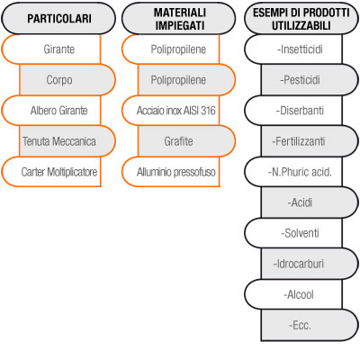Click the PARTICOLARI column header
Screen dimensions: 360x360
coord(58,18)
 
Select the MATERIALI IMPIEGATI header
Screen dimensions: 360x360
coord(179,18)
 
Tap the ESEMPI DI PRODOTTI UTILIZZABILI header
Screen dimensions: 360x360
coord(301,18)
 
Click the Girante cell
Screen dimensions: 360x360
coord(51,49)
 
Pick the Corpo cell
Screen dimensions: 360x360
coord(67,80)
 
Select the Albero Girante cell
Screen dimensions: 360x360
coord(51,111)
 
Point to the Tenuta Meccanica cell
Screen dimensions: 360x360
coord(67,141)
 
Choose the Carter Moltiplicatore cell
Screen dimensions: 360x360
coord(51,172)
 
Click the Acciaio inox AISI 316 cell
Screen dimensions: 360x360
coord(171,111)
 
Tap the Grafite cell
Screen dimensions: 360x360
coord(186,141)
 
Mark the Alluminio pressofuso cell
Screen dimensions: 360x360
coord(171,172)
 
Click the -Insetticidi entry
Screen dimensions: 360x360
coord(293,49)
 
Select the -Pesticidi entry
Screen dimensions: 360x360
coord(310,80)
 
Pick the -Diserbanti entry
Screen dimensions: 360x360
coord(293,111)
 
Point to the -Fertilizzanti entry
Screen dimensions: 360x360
coord(310,141)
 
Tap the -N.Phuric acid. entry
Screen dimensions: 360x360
coord(293,172)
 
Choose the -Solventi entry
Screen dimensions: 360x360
coord(293,233)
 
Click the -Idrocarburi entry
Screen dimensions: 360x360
coord(310,264)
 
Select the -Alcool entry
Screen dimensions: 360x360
coord(293,294)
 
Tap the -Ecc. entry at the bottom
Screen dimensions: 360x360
coord(310,325)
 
